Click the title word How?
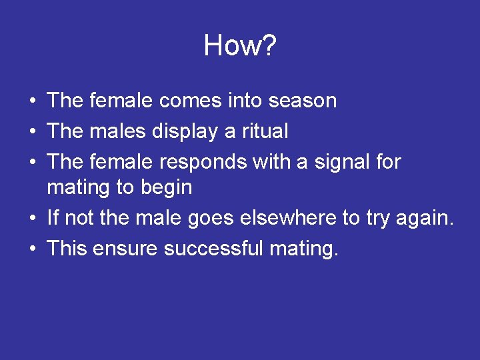click(240, 46)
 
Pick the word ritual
click(265, 131)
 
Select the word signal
click(334, 162)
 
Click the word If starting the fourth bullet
click(53, 218)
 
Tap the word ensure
click(126, 249)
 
